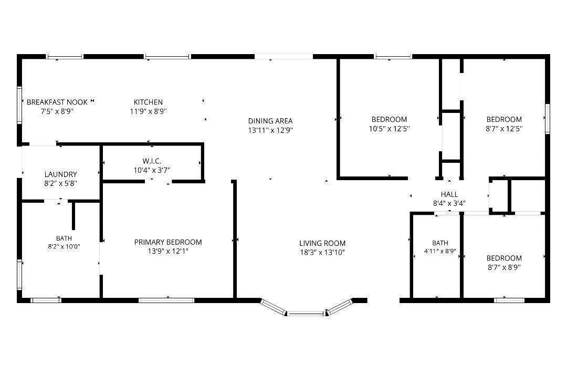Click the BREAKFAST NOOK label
click(x=57, y=102)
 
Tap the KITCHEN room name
click(x=148, y=102)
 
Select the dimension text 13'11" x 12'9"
click(x=270, y=130)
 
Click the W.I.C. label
click(x=152, y=161)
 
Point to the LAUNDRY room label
click(x=61, y=174)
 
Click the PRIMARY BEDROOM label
click(x=168, y=242)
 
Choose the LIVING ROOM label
click(x=322, y=243)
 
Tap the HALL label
click(x=449, y=194)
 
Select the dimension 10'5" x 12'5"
click(x=389, y=129)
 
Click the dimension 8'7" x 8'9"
click(x=504, y=267)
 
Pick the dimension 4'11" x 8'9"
click(x=440, y=251)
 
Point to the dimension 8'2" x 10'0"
click(x=64, y=247)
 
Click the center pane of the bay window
click(x=306, y=314)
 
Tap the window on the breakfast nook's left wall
click(x=19, y=105)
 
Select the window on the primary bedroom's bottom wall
click(x=166, y=300)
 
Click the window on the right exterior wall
click(x=548, y=119)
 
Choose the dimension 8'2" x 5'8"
click(x=61, y=183)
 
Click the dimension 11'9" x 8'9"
click(x=148, y=111)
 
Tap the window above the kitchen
click(x=167, y=57)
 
